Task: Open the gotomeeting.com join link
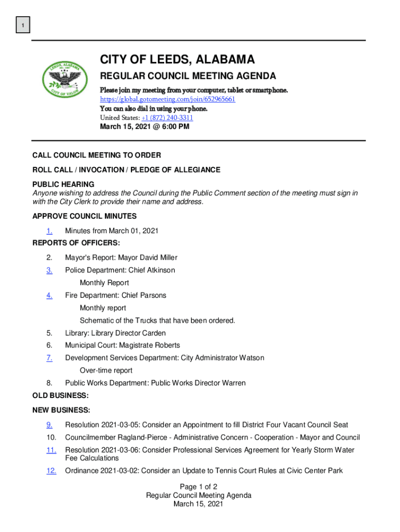click(167, 99)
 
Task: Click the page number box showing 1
click(23, 25)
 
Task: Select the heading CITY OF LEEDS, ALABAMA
click(177, 60)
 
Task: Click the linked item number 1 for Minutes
click(49, 231)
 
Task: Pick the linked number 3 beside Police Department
click(49, 270)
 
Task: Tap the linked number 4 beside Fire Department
click(49, 295)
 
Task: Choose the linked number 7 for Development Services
click(49, 357)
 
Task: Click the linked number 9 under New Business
click(49, 425)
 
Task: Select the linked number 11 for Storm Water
click(51, 450)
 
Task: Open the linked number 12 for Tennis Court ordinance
click(51, 471)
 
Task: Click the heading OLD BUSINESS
click(60, 396)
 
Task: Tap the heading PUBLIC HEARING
click(63, 184)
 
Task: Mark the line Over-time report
click(106, 370)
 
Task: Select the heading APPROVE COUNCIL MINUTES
click(84, 216)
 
